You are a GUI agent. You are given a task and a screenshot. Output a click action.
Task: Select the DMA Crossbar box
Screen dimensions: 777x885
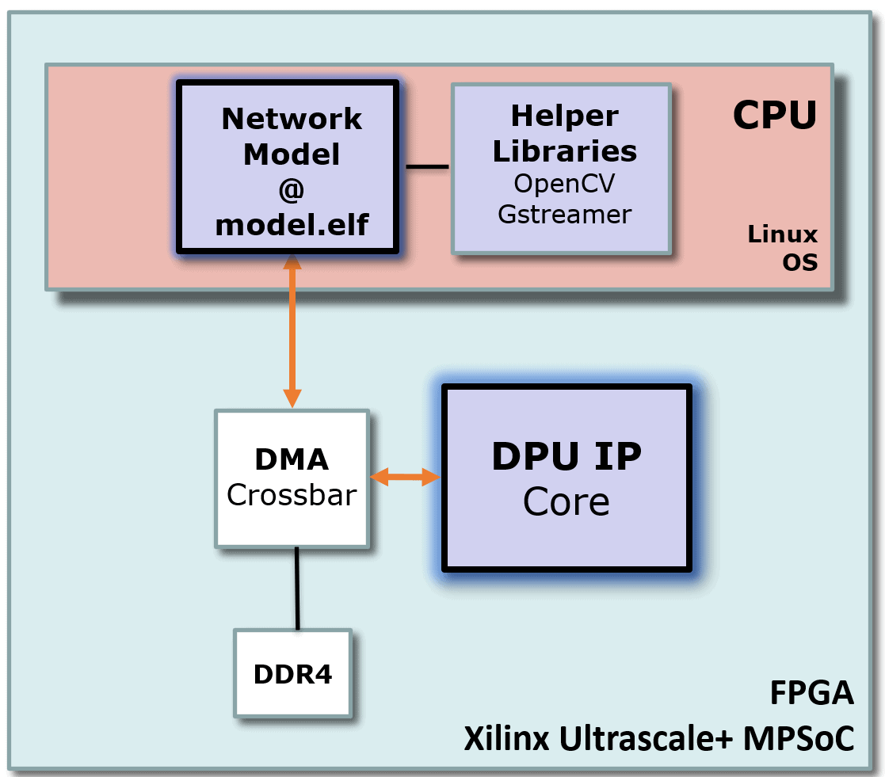click(292, 478)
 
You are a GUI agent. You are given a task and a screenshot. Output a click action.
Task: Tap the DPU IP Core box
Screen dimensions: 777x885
click(566, 478)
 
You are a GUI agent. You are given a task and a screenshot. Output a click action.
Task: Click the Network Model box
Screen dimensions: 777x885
click(288, 168)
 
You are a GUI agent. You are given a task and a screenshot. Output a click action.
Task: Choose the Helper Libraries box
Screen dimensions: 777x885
click(562, 168)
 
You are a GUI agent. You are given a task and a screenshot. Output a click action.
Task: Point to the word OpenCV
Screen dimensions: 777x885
click(564, 184)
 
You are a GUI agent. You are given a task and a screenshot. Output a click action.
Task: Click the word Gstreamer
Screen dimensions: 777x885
click(564, 214)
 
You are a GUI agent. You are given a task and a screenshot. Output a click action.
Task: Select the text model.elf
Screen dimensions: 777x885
click(292, 225)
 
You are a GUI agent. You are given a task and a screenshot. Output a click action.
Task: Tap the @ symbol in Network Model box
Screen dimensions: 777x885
click(292, 190)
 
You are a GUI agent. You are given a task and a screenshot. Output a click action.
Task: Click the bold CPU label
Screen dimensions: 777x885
click(773, 116)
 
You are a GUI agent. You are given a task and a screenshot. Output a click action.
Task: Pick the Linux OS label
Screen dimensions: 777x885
click(782, 247)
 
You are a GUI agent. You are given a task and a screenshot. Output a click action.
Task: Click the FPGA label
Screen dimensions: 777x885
click(812, 693)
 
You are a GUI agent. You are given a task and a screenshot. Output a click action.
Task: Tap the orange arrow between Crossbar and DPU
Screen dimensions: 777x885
click(405, 477)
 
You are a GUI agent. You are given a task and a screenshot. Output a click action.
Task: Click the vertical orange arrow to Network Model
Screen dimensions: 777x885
click(292, 333)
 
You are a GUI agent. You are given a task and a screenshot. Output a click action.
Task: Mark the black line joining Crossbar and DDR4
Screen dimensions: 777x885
click(297, 588)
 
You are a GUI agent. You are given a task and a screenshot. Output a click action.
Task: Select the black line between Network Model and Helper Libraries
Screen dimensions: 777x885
click(427, 166)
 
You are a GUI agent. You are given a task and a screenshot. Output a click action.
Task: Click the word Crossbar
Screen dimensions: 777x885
click(292, 495)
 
